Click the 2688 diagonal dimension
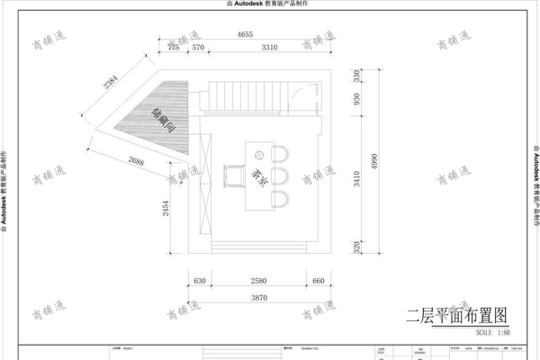tap(137, 162)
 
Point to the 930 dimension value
tap(357, 99)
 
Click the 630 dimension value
tap(201, 282)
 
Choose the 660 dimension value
tap(318, 282)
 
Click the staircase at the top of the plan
tap(247, 94)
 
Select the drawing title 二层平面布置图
tap(457, 316)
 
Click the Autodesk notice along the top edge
tap(269, 4)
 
